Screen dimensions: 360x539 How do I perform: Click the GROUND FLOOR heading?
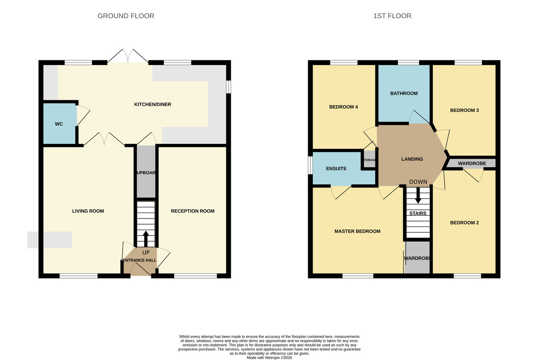click(x=126, y=16)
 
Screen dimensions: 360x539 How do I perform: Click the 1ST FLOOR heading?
click(x=392, y=16)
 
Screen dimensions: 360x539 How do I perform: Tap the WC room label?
click(x=59, y=124)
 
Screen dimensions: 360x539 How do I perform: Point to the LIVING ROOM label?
click(x=88, y=211)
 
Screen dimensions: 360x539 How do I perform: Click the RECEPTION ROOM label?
click(x=192, y=211)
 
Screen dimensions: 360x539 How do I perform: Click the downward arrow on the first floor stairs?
click(x=418, y=196)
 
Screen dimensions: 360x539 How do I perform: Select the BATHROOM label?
click(x=404, y=93)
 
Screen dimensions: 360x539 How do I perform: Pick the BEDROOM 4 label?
click(x=343, y=107)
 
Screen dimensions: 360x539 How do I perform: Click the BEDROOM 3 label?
click(x=464, y=110)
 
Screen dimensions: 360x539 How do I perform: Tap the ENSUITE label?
click(x=336, y=169)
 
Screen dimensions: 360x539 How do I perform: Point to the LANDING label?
click(x=412, y=159)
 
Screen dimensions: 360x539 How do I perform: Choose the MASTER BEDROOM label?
click(x=357, y=231)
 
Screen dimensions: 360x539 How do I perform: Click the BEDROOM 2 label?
click(x=464, y=222)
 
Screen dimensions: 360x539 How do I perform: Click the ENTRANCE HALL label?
click(x=139, y=260)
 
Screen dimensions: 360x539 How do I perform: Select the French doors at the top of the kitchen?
click(x=129, y=56)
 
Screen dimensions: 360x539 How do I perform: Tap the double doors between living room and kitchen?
click(x=104, y=139)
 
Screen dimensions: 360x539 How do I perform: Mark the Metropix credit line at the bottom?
click(x=269, y=357)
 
